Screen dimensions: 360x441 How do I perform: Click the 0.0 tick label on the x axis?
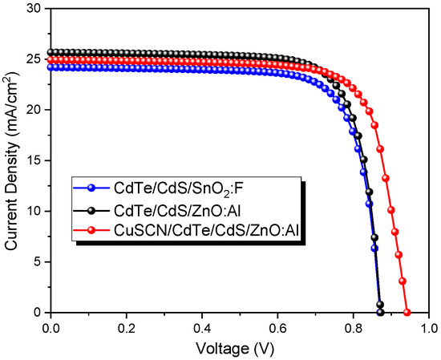51,328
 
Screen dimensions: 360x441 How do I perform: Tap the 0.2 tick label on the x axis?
127,328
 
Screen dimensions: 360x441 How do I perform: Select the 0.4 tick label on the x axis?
202,328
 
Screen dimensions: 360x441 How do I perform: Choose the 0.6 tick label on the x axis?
277,328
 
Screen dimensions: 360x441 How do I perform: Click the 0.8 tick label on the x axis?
354,328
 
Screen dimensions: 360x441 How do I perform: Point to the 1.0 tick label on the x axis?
429,328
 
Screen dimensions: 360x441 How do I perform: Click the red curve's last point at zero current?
407,313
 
